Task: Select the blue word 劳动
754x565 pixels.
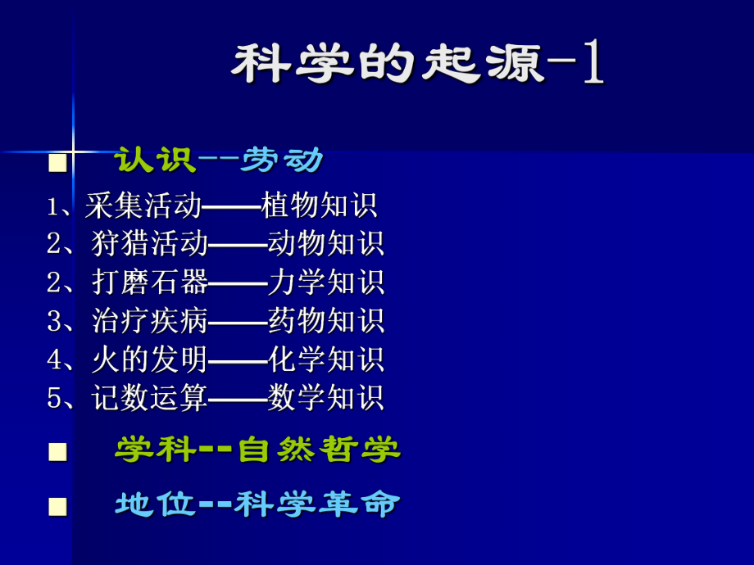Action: click(282, 160)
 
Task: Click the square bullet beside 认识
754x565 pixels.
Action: click(57, 161)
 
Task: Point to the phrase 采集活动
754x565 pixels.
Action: click(143, 206)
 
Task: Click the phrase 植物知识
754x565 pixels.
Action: click(319, 206)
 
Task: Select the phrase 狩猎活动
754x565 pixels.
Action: click(150, 244)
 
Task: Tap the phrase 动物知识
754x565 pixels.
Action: click(325, 244)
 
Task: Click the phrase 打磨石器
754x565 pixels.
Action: click(150, 282)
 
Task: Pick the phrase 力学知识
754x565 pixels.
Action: click(325, 282)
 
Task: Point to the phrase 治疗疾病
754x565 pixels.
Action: click(150, 321)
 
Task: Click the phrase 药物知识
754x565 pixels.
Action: click(325, 321)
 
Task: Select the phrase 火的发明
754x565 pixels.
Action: click(150, 359)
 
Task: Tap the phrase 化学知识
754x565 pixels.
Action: click(325, 359)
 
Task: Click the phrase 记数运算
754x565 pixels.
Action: click(150, 398)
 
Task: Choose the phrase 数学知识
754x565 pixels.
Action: click(325, 398)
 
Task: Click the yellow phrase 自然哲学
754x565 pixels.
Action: click(319, 450)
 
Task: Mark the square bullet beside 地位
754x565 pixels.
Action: click(57, 507)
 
